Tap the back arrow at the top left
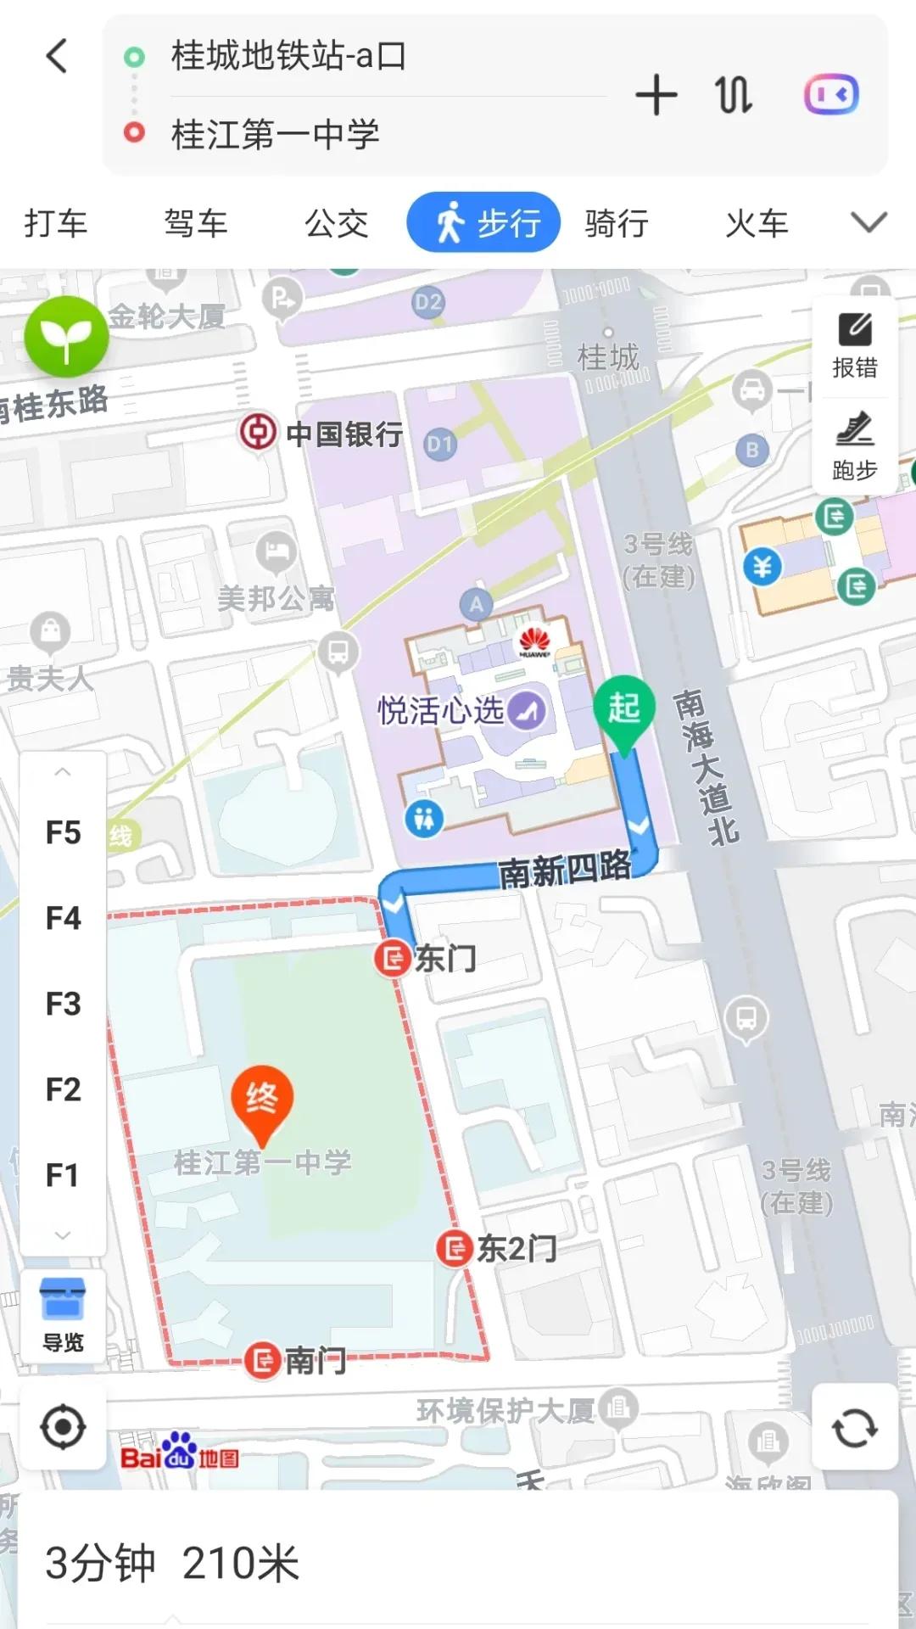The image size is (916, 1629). tap(57, 57)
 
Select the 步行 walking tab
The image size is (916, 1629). tap(483, 223)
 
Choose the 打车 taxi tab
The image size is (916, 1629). tap(56, 223)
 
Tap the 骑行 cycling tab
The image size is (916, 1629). tap(617, 223)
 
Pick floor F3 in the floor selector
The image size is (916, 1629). tap(63, 1004)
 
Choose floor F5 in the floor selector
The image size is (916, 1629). tap(63, 833)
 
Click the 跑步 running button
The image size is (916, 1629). tap(854, 446)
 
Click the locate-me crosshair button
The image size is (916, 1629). tap(63, 1427)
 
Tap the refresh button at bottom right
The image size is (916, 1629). tap(854, 1427)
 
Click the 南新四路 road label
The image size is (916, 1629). tap(565, 870)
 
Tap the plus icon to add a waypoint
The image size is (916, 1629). tap(656, 94)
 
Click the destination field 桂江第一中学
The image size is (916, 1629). tap(275, 134)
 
